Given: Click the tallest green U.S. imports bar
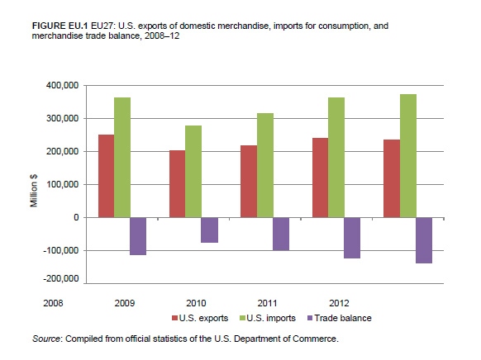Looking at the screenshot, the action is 408,156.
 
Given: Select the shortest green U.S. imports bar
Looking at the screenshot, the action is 193,172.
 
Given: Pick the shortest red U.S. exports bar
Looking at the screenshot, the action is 178,184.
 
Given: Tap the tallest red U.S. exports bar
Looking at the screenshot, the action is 106,176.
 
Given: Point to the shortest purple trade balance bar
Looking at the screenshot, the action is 210,230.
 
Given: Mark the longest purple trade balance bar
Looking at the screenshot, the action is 424,240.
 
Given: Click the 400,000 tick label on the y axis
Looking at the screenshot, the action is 63,86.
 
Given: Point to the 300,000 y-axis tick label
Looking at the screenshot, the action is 63,119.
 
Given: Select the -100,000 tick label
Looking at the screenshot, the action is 61,251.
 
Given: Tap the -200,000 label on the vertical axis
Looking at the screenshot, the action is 61,279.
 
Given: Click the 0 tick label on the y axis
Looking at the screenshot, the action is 76,217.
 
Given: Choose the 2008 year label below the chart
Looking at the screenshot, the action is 53,303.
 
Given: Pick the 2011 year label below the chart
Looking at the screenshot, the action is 267,303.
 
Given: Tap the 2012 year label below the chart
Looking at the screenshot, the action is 339,303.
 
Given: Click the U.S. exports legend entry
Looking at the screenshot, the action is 200,319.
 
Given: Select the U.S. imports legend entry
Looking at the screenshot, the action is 268,319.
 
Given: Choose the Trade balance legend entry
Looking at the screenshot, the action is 340,319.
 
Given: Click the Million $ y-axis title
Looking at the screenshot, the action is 34,191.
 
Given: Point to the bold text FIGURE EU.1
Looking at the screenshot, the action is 60,26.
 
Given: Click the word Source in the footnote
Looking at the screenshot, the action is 46,339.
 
